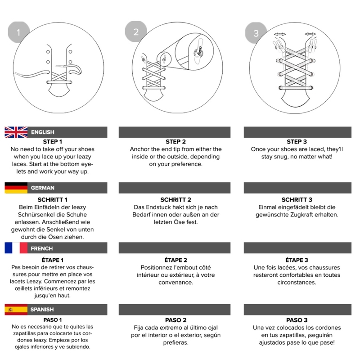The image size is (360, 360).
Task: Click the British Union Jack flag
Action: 16,132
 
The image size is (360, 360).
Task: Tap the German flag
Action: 16,188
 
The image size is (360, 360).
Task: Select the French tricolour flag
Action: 16,248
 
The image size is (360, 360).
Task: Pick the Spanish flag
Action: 16,310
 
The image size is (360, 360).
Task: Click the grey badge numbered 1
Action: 18,32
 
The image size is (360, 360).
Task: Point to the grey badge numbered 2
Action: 136,31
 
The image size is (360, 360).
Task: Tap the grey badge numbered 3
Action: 256,33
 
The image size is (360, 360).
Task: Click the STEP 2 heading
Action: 175,142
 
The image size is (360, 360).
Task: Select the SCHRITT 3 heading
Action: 297,199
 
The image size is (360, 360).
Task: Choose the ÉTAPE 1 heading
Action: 53,260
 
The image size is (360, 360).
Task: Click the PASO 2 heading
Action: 175,320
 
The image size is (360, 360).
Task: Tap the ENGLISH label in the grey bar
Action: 43,132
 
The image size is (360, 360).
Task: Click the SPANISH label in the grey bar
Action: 42,310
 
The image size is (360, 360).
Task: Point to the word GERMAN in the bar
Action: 43,188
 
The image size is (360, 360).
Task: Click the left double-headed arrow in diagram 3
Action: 280,34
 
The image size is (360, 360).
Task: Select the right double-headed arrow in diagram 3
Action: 310,34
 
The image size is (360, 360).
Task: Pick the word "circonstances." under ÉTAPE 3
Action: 297,283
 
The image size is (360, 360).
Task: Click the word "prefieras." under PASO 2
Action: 175,343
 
